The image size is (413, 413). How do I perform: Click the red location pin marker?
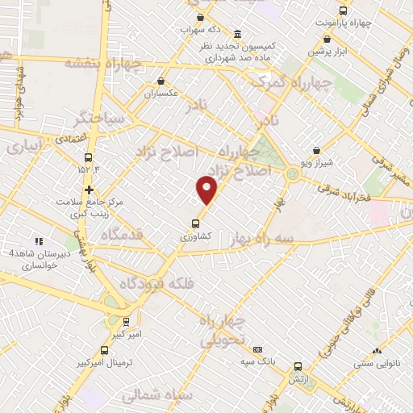(x=207, y=190)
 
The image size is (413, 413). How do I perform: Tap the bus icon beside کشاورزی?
(x=195, y=224)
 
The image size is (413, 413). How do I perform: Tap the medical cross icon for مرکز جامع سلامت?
(x=89, y=190)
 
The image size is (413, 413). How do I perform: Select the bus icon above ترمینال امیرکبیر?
(x=105, y=350)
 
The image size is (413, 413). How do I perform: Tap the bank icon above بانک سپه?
(x=257, y=350)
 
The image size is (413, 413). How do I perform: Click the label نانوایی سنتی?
(x=379, y=365)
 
